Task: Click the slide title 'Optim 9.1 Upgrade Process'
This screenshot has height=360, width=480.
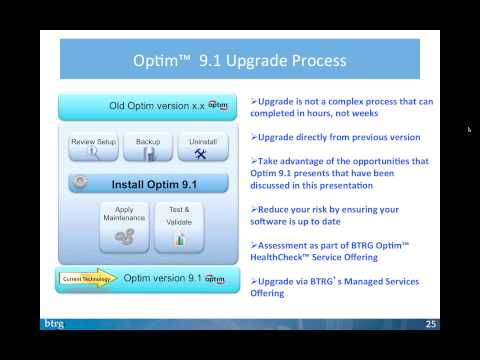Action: click(x=240, y=61)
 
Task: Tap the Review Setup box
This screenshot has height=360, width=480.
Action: click(x=93, y=147)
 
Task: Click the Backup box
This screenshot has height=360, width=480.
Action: click(x=148, y=147)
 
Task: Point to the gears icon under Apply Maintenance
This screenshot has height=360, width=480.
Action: click(x=125, y=236)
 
